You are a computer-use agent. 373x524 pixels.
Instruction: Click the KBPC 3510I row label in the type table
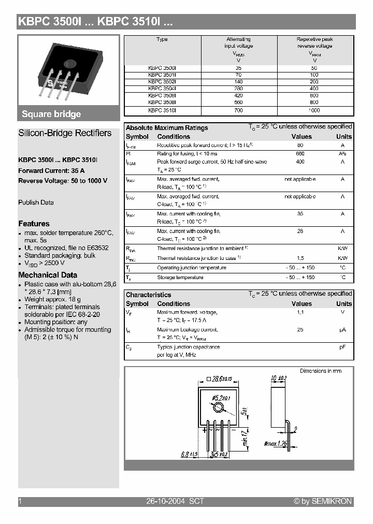(162, 110)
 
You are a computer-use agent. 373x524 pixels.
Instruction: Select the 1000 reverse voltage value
(314, 110)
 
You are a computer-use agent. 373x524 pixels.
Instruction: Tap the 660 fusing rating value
(300, 154)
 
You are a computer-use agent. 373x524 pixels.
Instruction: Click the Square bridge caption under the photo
(51, 114)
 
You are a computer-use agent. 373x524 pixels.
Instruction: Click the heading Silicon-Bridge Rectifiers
(65, 133)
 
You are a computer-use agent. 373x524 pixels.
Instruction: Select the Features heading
(34, 224)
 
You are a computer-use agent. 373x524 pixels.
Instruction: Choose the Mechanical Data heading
(48, 275)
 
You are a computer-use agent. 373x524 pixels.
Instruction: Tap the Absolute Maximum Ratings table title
(167, 128)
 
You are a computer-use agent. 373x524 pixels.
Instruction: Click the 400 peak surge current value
(300, 162)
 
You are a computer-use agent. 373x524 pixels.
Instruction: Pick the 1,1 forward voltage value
(300, 312)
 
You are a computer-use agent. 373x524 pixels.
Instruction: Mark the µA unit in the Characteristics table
(342, 330)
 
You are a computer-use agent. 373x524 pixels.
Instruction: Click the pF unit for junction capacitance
(342, 347)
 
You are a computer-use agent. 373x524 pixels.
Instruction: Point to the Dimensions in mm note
(321, 371)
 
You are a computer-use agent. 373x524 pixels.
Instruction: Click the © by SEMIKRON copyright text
(323, 501)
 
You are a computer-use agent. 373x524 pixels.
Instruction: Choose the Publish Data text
(36, 202)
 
